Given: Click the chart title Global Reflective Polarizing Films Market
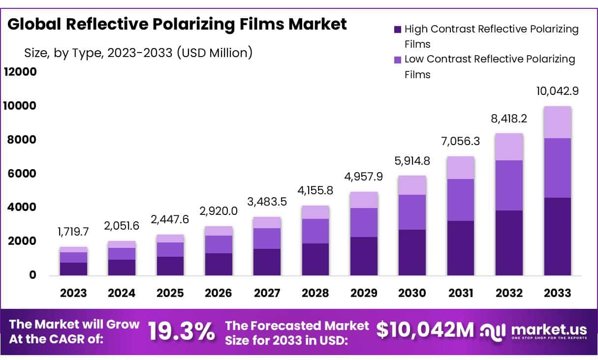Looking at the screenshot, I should pos(177,25).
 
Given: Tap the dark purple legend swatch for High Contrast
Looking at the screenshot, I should pos(398,30).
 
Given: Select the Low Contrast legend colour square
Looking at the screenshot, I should pos(398,60).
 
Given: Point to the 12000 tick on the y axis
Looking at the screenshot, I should pos(20,72).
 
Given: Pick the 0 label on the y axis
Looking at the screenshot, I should pos(32,275).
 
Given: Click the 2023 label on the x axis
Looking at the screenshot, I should pos(73,293).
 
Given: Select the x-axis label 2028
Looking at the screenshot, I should pos(315,293).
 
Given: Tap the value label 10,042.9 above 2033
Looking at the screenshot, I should pos(557,91).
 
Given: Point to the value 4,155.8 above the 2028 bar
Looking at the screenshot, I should pos(315,190).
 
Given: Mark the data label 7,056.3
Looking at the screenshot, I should pos(460,142).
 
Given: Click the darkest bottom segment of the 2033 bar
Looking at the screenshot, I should pos(557,236).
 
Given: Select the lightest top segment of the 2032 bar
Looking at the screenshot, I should pos(509,147).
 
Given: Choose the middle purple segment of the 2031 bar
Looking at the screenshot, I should pos(460,200).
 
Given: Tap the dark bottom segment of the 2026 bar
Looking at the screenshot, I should pos(219,264).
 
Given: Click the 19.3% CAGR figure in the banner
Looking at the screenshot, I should pos(181,331).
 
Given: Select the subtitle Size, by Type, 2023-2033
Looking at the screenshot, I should pos(138,53).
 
